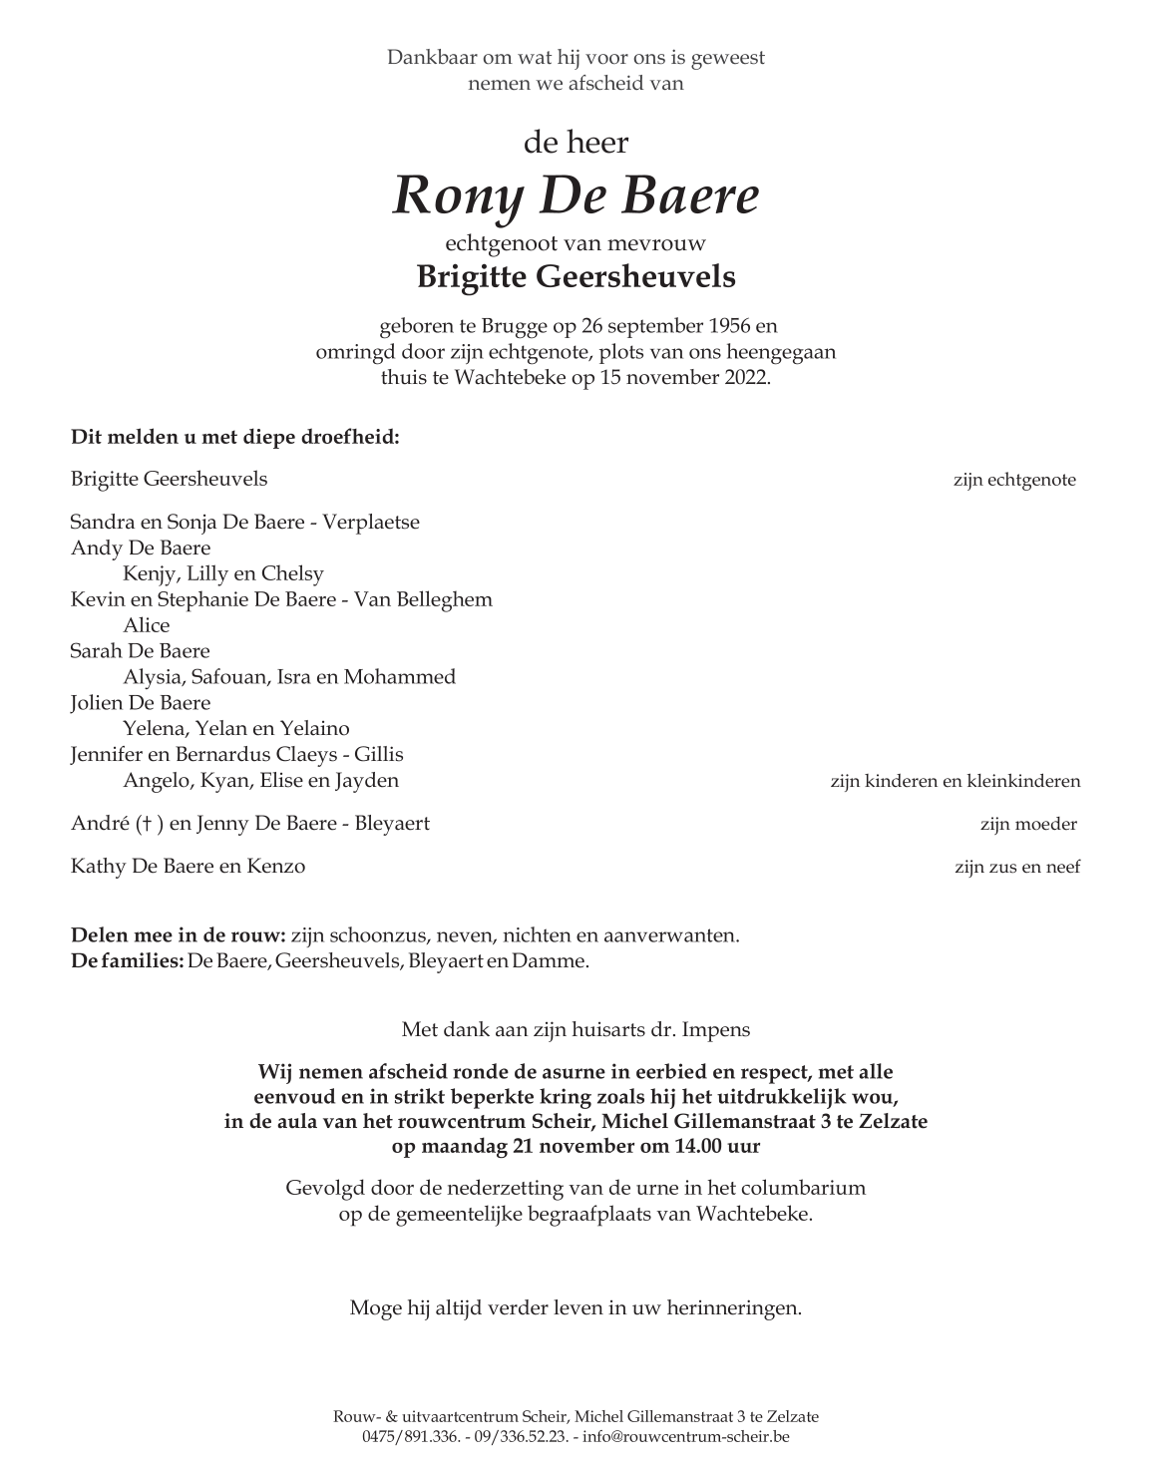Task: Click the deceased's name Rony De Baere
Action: coord(576,196)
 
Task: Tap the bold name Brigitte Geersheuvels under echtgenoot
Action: coord(576,276)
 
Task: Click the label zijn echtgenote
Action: coord(1013,480)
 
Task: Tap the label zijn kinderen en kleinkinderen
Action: coord(955,781)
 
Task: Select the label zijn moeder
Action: coord(1027,824)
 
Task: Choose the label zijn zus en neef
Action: coord(1016,867)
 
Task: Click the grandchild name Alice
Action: coord(147,625)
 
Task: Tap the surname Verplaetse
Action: coord(371,522)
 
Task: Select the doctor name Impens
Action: coord(715,1028)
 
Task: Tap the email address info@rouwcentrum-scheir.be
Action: coord(685,1437)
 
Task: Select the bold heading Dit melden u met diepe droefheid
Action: coord(234,436)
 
